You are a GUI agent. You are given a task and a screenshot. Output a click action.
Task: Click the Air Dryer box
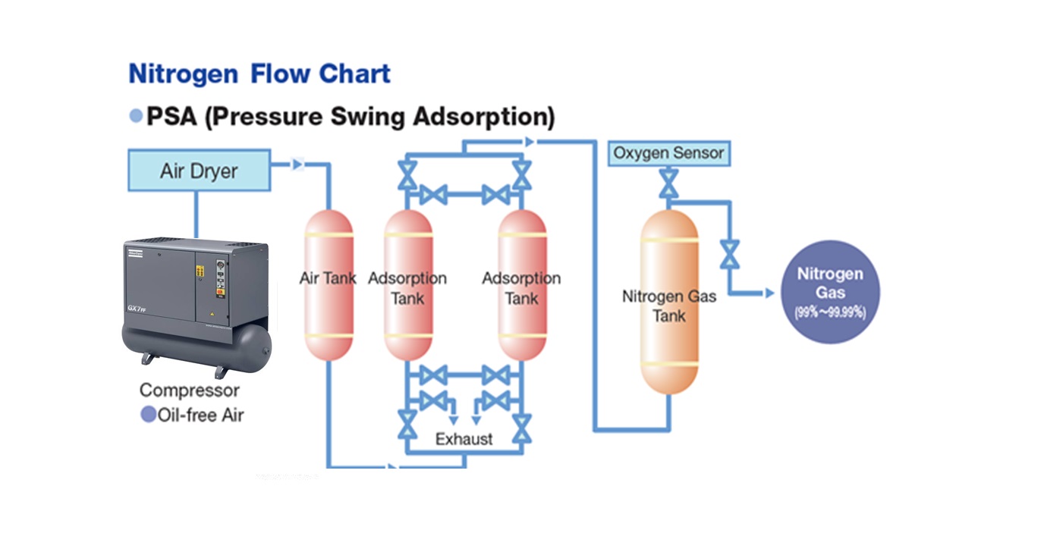(199, 170)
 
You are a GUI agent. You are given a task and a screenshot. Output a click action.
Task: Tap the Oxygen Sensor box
(668, 153)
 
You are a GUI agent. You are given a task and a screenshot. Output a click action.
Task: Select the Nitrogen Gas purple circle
(829, 291)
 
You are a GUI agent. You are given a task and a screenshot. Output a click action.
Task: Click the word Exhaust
(464, 439)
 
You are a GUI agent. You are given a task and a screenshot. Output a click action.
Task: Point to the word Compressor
(189, 390)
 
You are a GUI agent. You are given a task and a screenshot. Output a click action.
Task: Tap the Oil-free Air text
(200, 415)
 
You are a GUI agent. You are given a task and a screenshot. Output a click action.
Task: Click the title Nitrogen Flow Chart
(259, 74)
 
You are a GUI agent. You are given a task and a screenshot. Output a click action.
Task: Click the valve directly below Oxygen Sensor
(668, 182)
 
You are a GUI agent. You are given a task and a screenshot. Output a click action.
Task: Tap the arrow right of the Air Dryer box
(297, 164)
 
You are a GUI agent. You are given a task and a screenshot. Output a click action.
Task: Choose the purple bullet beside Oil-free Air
(148, 414)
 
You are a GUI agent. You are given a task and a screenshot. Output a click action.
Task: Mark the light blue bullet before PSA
(136, 116)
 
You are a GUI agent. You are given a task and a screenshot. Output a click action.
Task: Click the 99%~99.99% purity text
(829, 312)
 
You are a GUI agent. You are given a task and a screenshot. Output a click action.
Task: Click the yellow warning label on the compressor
(201, 271)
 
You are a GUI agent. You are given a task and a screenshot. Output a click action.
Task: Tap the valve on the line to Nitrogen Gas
(730, 254)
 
